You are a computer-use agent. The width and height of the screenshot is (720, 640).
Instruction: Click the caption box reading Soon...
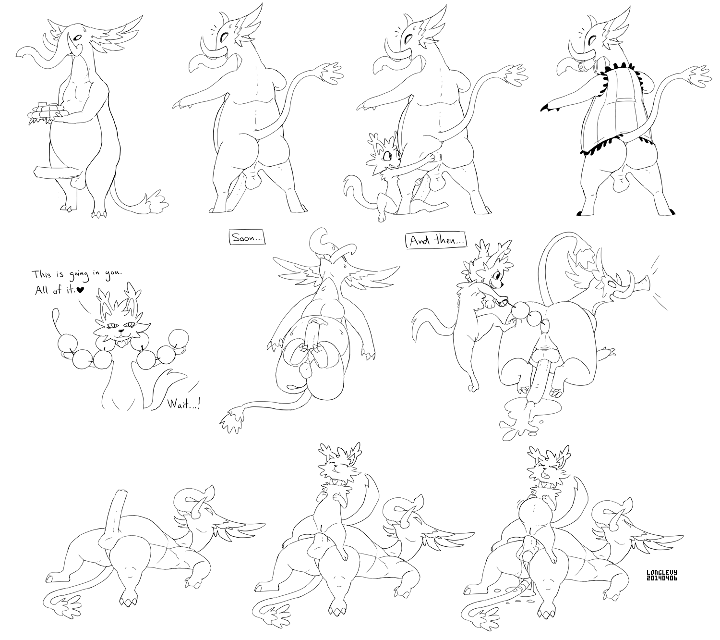247,238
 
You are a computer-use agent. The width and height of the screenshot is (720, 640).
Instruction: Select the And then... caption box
436,241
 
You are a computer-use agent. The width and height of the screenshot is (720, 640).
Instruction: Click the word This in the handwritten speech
42,275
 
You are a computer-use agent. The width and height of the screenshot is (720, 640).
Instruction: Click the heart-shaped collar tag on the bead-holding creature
121,345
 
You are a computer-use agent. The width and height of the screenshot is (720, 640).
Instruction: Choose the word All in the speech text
40,290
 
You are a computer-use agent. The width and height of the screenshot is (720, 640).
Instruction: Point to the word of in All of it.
56,290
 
